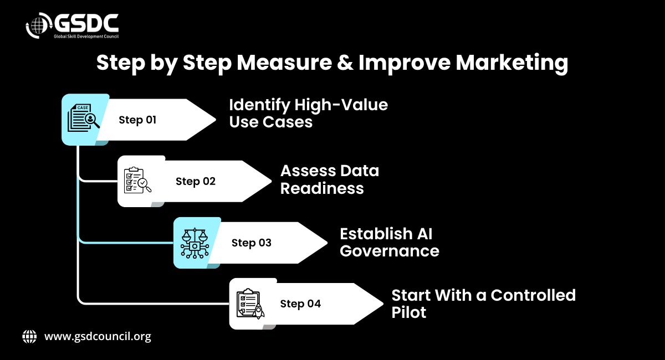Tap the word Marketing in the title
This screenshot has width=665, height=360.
[512, 63]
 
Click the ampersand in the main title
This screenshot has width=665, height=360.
[345, 63]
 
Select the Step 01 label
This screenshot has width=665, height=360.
[137, 120]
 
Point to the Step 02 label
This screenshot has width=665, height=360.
[195, 181]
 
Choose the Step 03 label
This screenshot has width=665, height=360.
[252, 243]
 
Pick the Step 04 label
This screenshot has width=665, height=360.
[300, 304]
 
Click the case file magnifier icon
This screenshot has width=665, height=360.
[84, 117]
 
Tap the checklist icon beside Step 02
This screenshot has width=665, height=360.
[137, 180]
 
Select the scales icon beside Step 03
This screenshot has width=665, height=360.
[195, 243]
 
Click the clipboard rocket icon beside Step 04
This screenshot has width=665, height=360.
[250, 304]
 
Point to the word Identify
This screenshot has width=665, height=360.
[259, 105]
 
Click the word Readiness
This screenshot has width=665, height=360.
[322, 188]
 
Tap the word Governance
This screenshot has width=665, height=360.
[390, 251]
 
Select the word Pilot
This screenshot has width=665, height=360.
[409, 312]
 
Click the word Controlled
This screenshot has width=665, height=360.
[533, 295]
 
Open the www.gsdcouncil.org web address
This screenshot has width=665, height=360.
[98, 337]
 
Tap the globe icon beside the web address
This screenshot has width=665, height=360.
[29, 337]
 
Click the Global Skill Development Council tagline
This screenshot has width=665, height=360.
[86, 37]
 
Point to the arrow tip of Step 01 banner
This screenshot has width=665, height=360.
[216, 120]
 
